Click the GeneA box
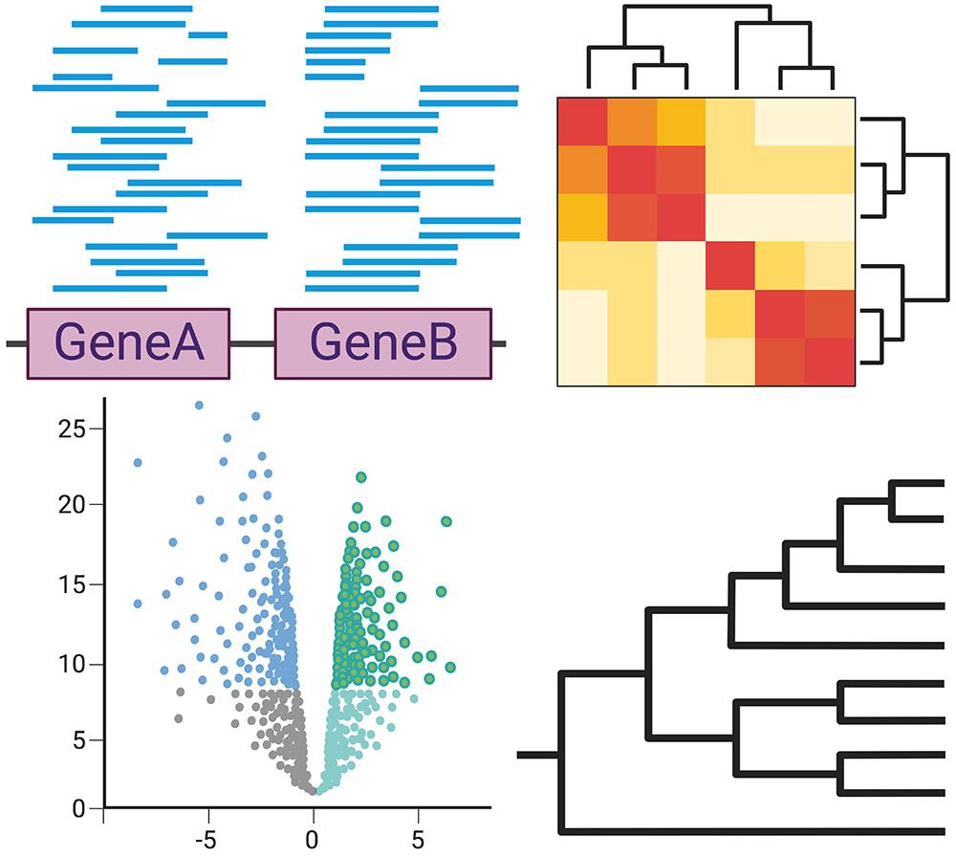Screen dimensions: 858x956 tap(128, 343)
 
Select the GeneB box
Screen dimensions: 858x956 tap(383, 343)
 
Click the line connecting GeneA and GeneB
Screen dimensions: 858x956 tap(252, 343)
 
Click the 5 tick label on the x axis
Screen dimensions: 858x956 tap(418, 841)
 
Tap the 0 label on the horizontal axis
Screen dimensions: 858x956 tap(313, 841)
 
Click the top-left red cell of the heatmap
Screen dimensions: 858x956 tap(581, 121)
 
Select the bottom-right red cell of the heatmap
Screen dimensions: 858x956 tap(829, 362)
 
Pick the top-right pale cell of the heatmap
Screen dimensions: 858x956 tap(829, 121)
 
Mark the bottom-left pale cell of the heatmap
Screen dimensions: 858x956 tap(581, 362)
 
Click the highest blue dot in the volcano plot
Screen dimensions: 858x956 tap(199, 406)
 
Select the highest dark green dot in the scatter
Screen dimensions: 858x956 tap(361, 477)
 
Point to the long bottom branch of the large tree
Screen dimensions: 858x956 tap(755, 830)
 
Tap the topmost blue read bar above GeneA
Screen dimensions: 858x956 tap(146, 9)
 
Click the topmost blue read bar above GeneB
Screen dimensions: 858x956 tap(381, 10)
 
